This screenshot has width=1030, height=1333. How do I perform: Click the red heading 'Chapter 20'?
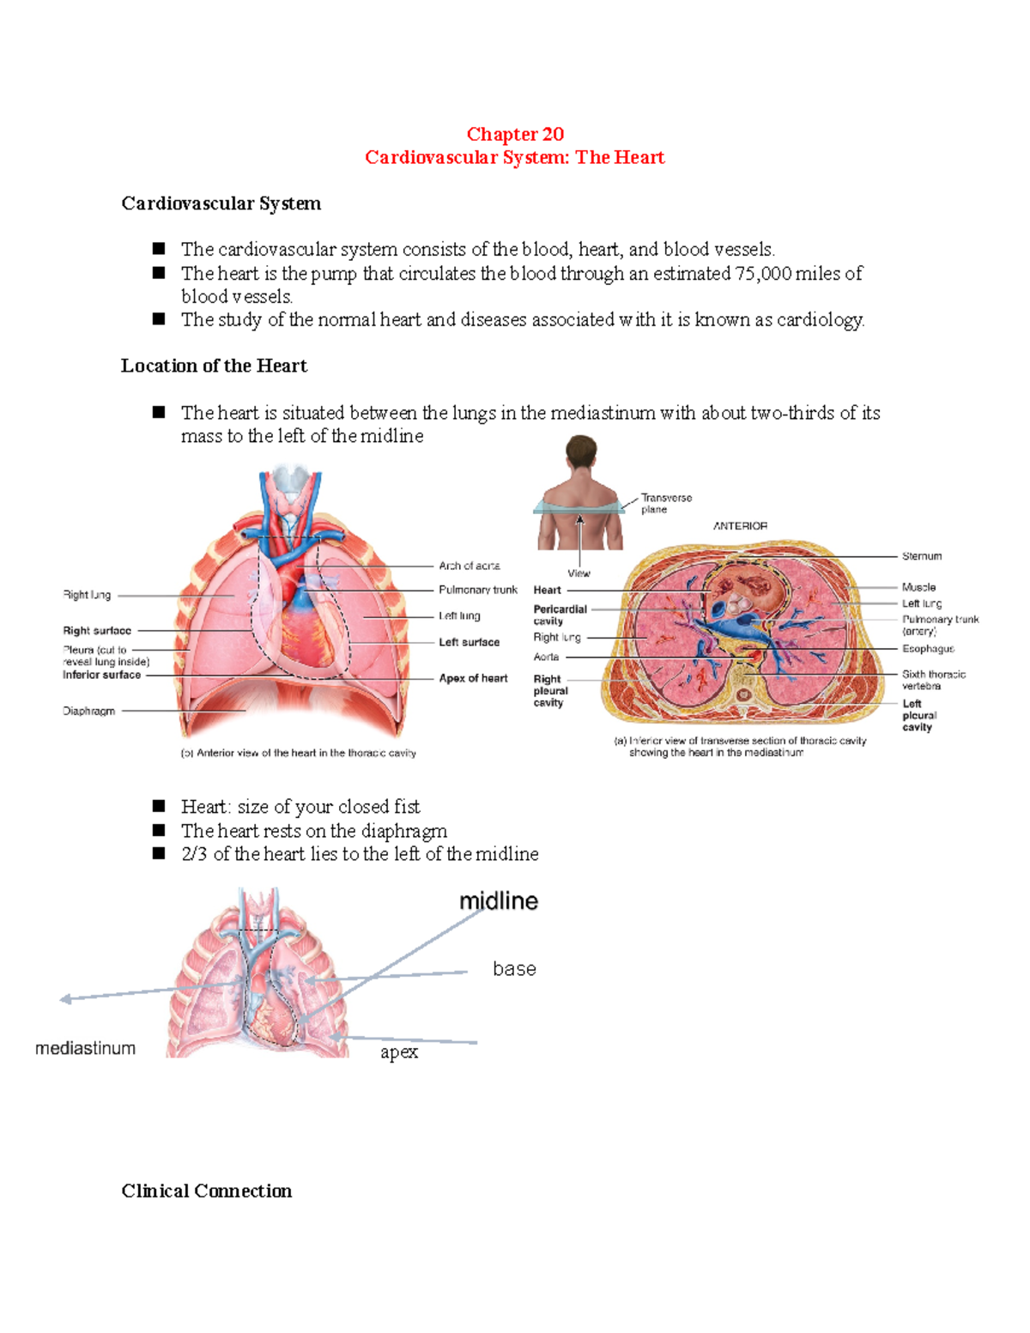(515, 134)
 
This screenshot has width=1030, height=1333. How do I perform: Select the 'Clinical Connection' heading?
(206, 1191)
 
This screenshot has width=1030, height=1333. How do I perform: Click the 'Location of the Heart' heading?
(214, 366)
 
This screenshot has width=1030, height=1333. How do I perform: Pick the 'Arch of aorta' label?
(469, 566)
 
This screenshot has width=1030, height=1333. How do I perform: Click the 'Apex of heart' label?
(473, 678)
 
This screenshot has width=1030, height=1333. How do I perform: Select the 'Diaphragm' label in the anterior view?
(88, 711)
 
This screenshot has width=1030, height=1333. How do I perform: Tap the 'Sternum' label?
(921, 556)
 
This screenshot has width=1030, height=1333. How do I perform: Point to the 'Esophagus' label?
(927, 649)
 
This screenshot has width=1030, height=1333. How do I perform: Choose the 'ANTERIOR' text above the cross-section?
(740, 526)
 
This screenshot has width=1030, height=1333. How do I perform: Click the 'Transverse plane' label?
(665, 504)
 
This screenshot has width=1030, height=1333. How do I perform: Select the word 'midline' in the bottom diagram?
(499, 901)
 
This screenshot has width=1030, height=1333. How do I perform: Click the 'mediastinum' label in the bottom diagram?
(85, 1048)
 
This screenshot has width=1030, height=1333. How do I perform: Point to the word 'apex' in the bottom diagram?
(399, 1052)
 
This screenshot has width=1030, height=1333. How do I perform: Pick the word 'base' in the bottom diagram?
(514, 969)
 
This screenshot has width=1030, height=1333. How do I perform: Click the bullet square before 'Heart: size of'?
(159, 806)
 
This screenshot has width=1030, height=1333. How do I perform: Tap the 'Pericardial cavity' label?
(560, 615)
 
